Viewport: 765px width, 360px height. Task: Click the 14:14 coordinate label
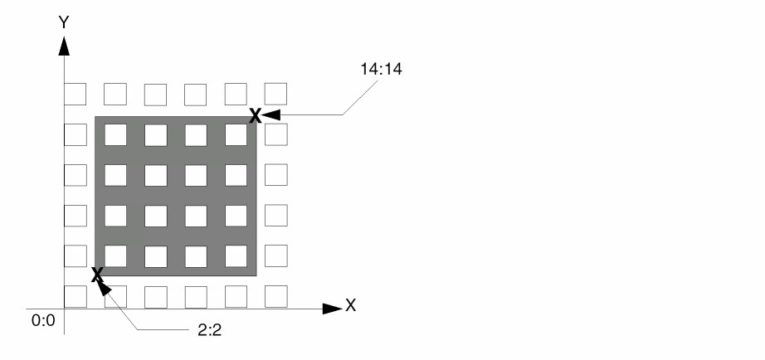coord(381,70)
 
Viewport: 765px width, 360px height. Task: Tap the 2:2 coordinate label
coord(210,330)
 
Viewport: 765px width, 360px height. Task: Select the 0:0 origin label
coord(43,320)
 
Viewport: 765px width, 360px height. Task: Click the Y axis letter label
coord(64,22)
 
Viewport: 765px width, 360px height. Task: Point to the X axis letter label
coord(351,306)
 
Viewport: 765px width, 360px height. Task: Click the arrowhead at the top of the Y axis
coord(64,46)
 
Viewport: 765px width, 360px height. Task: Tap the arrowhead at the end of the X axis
coord(332,309)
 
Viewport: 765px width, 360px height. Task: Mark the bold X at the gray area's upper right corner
coord(256,116)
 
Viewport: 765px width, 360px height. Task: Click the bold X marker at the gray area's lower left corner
coord(97,274)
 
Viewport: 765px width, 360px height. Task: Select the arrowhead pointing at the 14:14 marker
coord(270,115)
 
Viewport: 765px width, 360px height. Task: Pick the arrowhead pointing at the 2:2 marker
coord(104,287)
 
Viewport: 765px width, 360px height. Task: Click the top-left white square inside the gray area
coord(115,134)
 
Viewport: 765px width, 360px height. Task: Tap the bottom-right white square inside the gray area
coord(236,256)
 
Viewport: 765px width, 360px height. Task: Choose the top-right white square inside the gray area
coord(236,134)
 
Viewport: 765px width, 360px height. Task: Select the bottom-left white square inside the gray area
coord(115,256)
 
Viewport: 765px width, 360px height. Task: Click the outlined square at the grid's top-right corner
coord(275,94)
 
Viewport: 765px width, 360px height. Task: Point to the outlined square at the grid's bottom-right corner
coord(276,297)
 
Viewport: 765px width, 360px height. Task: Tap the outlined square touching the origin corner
coord(76,297)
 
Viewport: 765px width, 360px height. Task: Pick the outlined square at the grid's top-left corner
coord(76,94)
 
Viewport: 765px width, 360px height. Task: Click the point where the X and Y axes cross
coord(64,309)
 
